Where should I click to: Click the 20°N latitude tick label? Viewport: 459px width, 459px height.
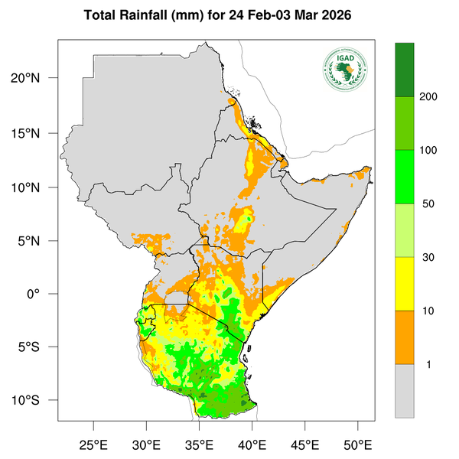[x=35, y=79]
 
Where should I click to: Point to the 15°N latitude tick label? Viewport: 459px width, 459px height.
[x=35, y=133]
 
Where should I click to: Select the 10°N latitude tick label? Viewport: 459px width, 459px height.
[x=35, y=187]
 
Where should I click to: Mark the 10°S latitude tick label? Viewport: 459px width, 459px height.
[x=35, y=401]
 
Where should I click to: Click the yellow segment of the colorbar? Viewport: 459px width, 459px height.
[x=404, y=283]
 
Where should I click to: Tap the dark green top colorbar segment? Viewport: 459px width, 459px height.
[x=404, y=70]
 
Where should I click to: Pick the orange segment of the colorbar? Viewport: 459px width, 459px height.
[x=404, y=337]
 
